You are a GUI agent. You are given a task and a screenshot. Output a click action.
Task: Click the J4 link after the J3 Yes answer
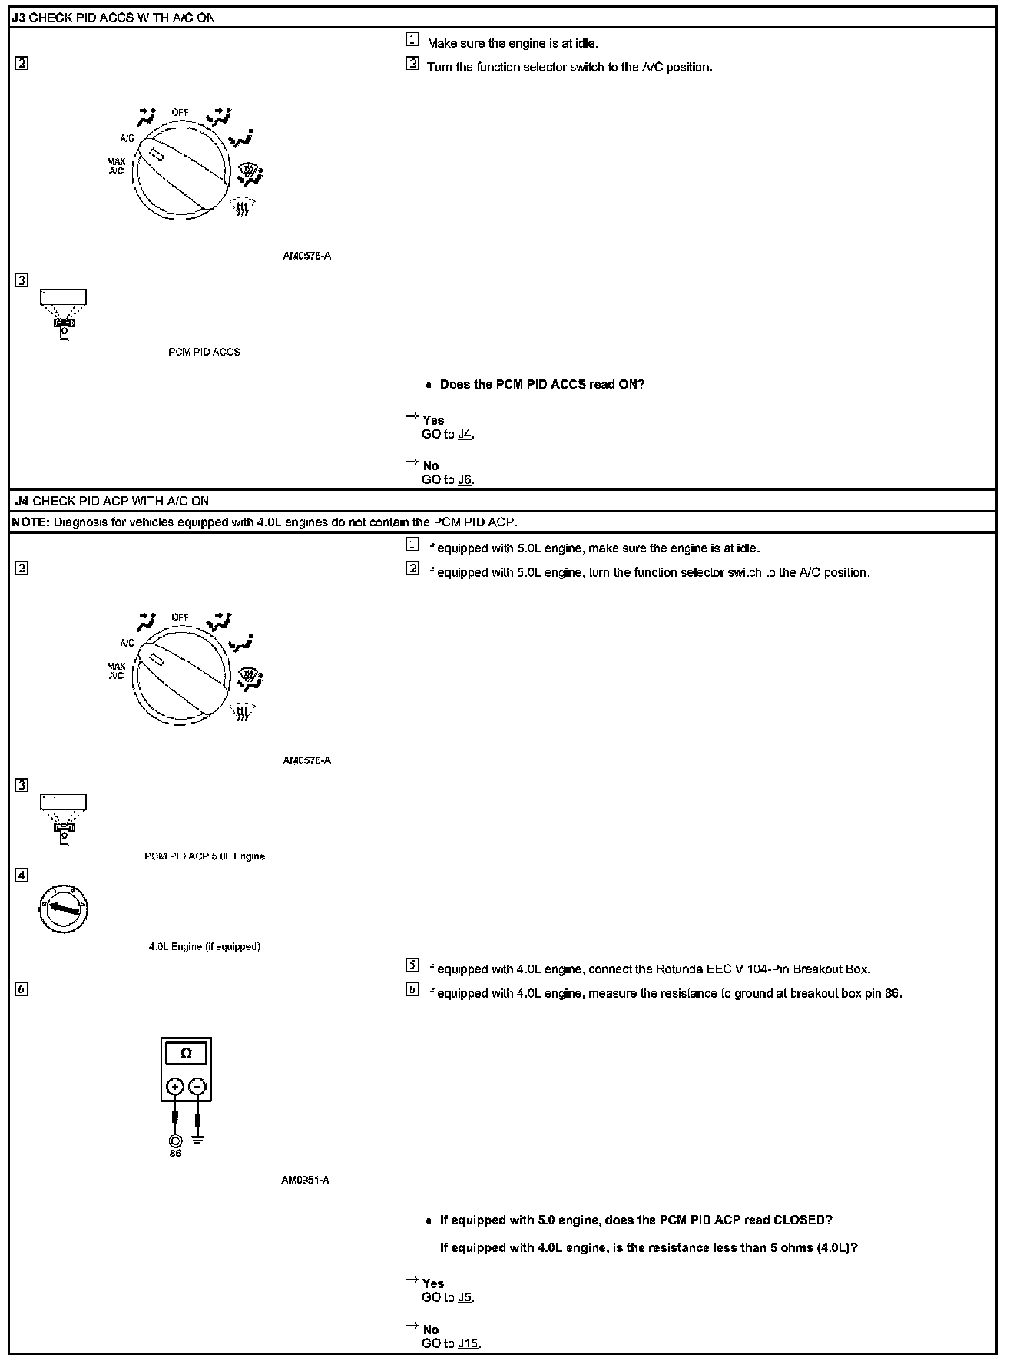(465, 435)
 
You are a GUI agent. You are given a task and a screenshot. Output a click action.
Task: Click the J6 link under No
(465, 480)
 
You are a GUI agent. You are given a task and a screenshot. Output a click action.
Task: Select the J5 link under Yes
(465, 1297)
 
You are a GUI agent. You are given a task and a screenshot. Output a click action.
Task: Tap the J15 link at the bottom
(469, 1343)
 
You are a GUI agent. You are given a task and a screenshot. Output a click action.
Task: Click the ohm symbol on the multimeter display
(186, 1054)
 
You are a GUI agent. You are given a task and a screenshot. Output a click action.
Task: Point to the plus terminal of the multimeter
(175, 1087)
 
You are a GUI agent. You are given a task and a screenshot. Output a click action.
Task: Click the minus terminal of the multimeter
(197, 1087)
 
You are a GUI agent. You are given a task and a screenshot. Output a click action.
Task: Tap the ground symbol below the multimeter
(198, 1139)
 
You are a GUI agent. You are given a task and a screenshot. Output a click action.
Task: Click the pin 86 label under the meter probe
(175, 1154)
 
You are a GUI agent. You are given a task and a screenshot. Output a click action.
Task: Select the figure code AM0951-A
(305, 1180)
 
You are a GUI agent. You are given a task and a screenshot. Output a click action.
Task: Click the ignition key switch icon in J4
(64, 909)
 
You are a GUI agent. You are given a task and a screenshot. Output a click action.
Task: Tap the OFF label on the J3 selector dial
(180, 112)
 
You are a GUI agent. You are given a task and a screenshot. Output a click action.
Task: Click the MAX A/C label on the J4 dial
(116, 671)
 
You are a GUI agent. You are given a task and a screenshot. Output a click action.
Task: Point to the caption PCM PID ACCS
(204, 352)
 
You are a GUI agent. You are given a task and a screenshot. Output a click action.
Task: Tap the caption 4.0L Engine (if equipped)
(204, 946)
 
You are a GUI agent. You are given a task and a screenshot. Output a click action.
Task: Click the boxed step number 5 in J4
(412, 965)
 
